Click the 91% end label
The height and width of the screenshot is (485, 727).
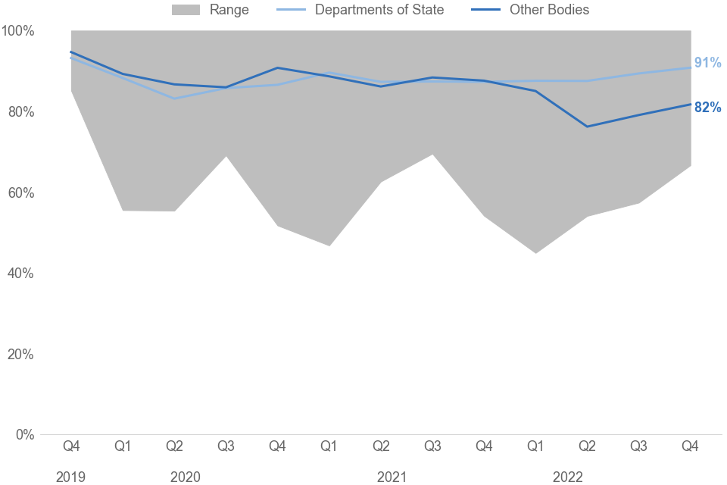tap(707, 63)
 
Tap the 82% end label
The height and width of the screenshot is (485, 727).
tap(707, 108)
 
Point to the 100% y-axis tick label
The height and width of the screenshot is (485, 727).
tap(18, 31)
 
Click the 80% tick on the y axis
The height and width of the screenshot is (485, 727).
tap(20, 112)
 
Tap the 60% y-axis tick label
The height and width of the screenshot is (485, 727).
tap(20, 192)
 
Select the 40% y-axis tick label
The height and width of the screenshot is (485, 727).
tap(20, 274)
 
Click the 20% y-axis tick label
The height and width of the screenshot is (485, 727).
tap(20, 354)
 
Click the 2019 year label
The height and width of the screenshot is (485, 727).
tap(71, 477)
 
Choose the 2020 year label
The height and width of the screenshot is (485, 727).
tap(186, 477)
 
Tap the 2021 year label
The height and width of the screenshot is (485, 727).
tap(392, 477)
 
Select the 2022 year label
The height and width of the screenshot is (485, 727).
tap(568, 477)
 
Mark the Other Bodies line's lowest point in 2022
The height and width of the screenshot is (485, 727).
tap(587, 127)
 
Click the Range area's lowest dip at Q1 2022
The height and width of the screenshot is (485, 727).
tap(535, 252)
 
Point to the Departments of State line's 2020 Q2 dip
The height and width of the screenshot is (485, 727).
tap(174, 99)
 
